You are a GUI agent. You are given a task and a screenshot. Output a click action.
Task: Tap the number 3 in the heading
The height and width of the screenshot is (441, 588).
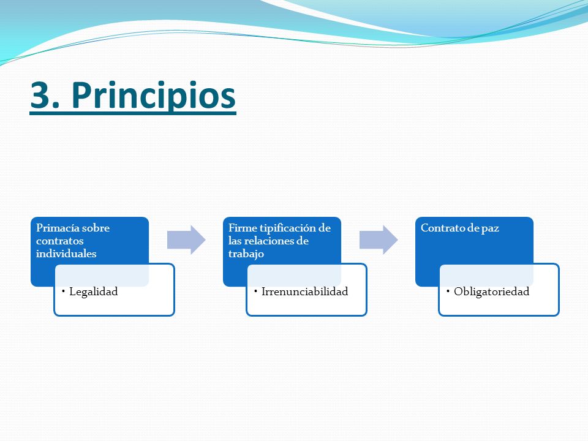point(40,96)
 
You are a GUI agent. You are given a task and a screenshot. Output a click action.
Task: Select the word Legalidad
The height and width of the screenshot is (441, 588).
point(93,292)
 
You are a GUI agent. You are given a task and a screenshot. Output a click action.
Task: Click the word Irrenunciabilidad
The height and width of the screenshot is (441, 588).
point(304,292)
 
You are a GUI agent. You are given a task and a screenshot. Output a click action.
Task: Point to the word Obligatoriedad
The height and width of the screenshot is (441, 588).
point(491,292)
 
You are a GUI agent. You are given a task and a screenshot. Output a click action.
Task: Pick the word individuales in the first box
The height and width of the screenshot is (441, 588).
point(66,254)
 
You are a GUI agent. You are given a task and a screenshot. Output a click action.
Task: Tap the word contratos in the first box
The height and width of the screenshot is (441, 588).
point(59,241)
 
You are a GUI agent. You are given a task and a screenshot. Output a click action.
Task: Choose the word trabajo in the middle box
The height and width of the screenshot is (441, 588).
point(246,254)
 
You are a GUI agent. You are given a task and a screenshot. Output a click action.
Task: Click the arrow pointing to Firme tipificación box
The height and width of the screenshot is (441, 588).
point(186,240)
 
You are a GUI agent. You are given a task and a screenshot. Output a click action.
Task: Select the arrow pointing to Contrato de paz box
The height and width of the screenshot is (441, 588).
point(379,240)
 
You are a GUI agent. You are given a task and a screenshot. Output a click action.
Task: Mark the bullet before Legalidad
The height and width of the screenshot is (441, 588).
point(63,290)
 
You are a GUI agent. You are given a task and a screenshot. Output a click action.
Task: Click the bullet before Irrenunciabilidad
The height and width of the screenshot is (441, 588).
point(256,290)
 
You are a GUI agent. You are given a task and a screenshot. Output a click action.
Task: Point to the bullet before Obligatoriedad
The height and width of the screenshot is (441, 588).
point(448,290)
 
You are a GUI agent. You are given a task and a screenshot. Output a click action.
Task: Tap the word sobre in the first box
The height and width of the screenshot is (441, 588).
point(96,228)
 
